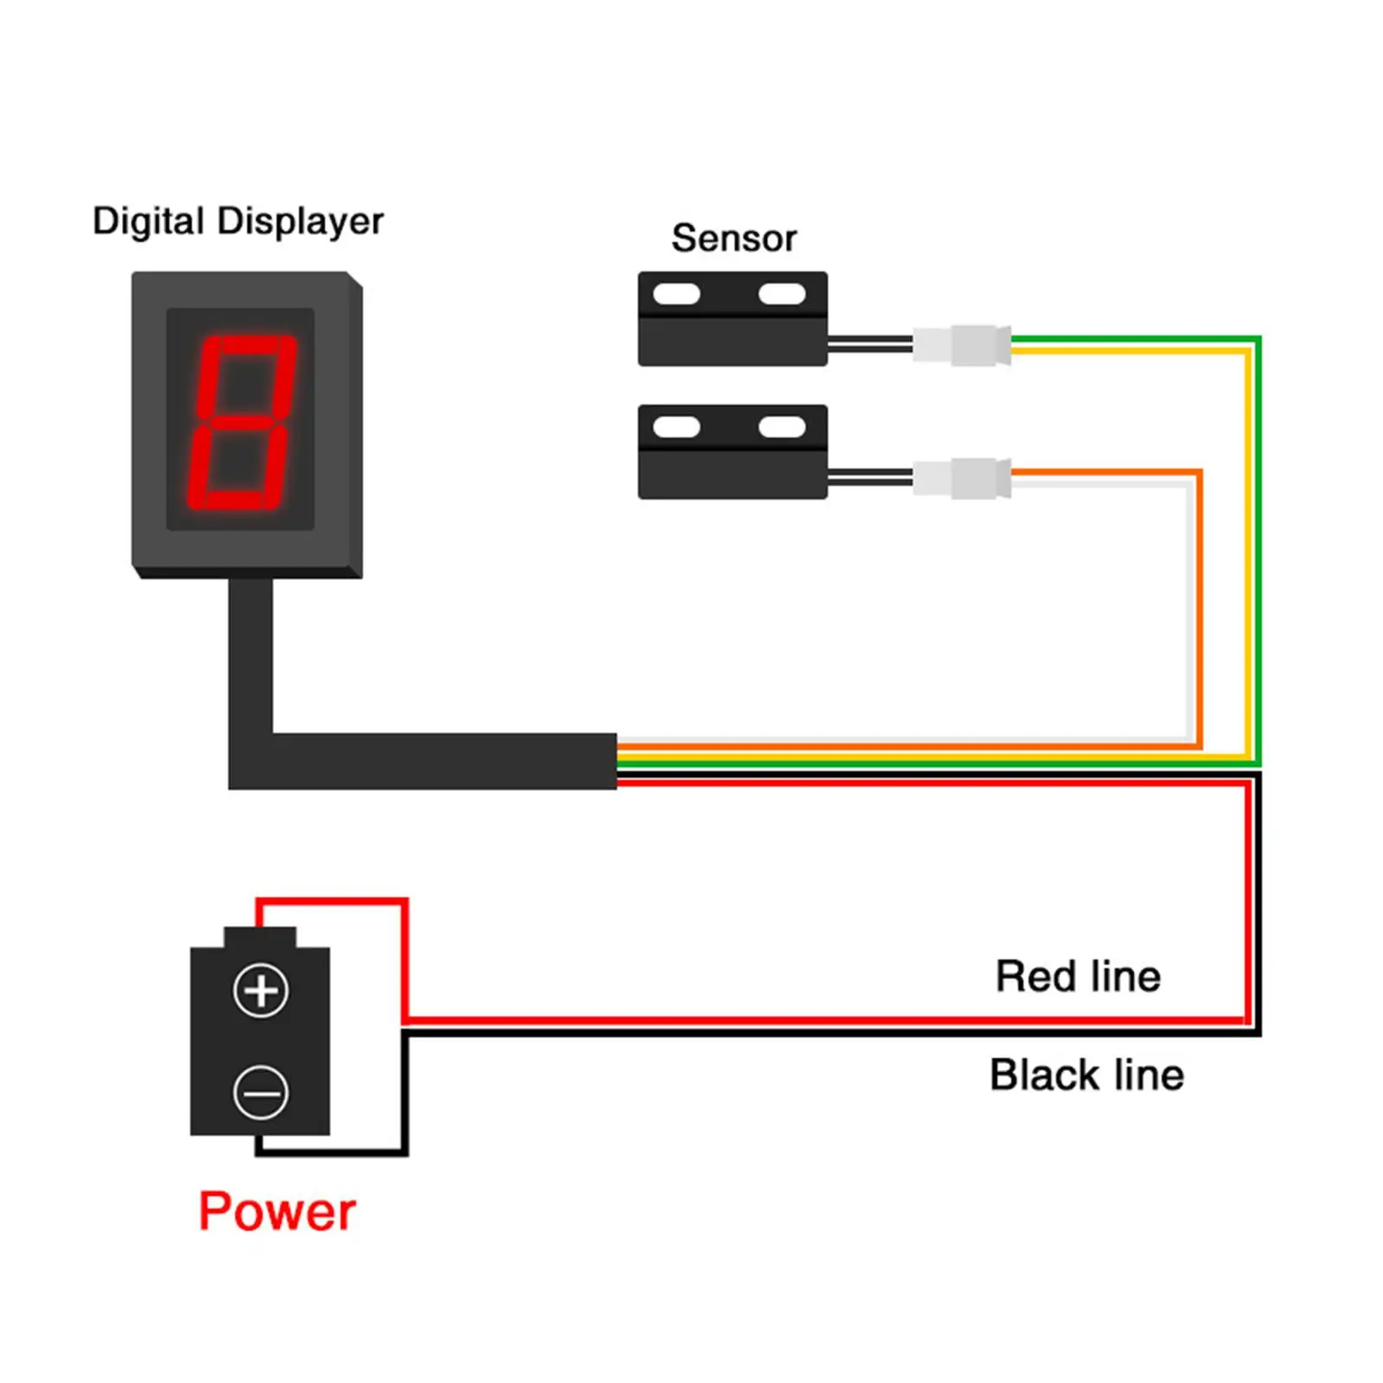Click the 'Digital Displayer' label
(x=238, y=222)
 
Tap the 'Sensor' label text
(x=734, y=239)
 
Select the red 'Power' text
(x=277, y=1211)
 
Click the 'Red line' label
(x=1078, y=977)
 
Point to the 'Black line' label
(x=1087, y=1075)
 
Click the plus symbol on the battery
(x=260, y=991)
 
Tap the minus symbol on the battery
(x=260, y=1093)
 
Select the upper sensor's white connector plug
(x=962, y=345)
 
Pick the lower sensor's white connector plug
(x=962, y=478)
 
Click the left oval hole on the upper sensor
(x=677, y=294)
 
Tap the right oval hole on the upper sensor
(x=782, y=294)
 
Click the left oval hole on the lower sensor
(x=677, y=427)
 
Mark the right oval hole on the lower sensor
(x=782, y=427)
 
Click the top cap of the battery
(x=260, y=937)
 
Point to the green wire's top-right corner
(x=1259, y=338)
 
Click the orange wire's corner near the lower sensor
(x=1199, y=472)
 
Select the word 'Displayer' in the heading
(x=300, y=222)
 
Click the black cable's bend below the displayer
(x=251, y=761)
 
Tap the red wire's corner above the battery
(x=405, y=902)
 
